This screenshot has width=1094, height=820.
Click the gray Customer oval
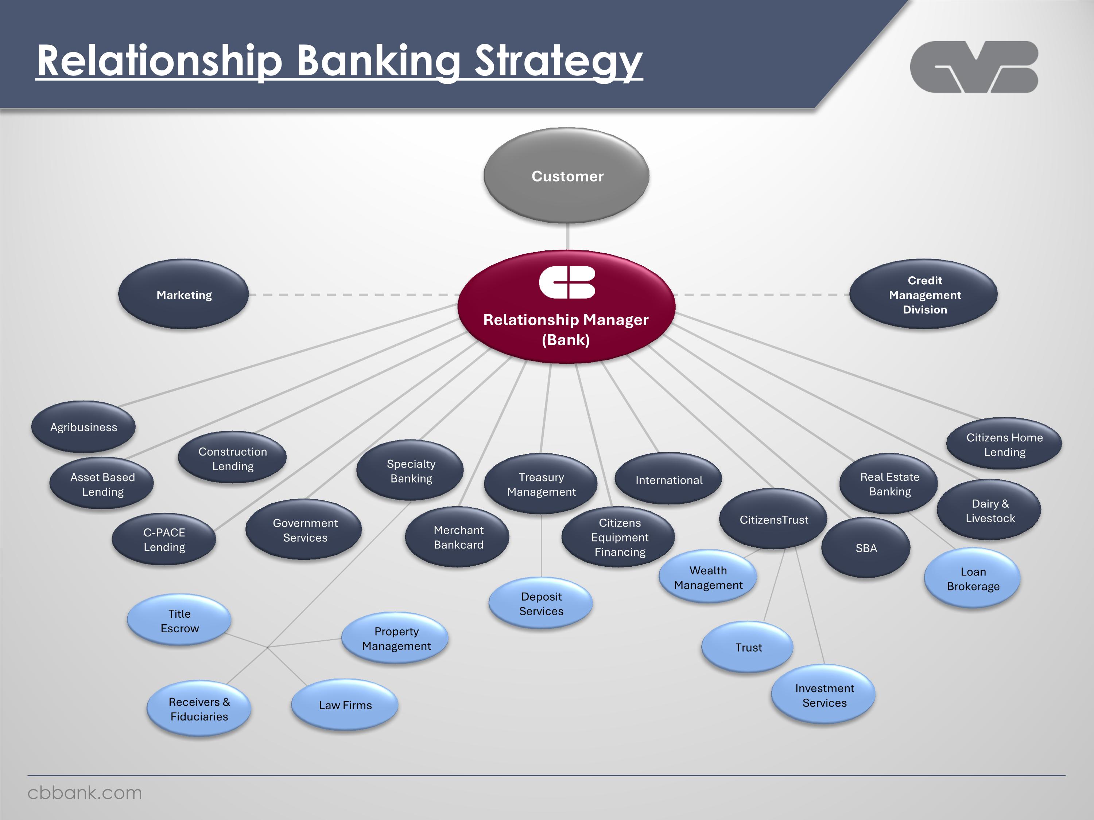tap(567, 176)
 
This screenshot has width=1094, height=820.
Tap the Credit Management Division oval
tap(924, 294)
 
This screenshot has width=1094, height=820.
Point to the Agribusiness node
tap(84, 427)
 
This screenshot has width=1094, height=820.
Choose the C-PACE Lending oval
tap(164, 540)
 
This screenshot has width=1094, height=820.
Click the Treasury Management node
tap(541, 484)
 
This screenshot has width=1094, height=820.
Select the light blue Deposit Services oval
tap(541, 604)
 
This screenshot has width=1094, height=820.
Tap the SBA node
tap(866, 548)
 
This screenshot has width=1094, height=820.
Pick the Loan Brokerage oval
tap(973, 579)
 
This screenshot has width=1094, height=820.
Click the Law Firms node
tap(345, 705)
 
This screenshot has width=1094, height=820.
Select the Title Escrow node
tap(179, 621)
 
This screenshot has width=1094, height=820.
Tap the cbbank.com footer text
tap(85, 793)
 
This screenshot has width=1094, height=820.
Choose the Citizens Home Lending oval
tap(1004, 444)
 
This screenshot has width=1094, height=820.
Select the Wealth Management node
tap(708, 578)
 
